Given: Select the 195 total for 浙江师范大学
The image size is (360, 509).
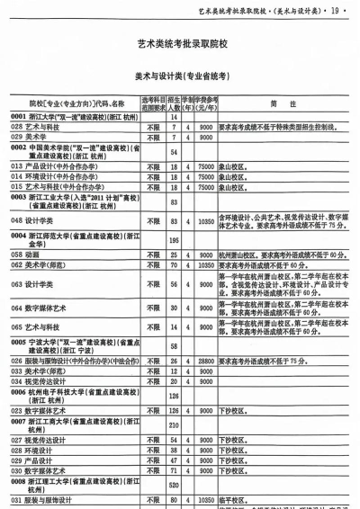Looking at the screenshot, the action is (x=174, y=240).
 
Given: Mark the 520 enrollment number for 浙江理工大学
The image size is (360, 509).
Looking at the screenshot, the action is (x=174, y=485).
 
